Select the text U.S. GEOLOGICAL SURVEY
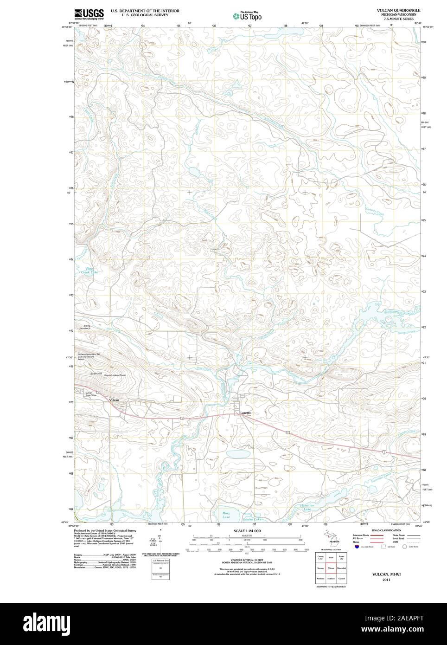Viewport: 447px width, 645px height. point(145,15)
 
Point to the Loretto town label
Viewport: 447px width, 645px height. point(245,413)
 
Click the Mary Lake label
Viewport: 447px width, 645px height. point(226,515)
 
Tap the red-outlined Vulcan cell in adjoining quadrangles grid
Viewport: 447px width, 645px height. point(331,568)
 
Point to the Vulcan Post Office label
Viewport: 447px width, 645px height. point(89,394)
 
